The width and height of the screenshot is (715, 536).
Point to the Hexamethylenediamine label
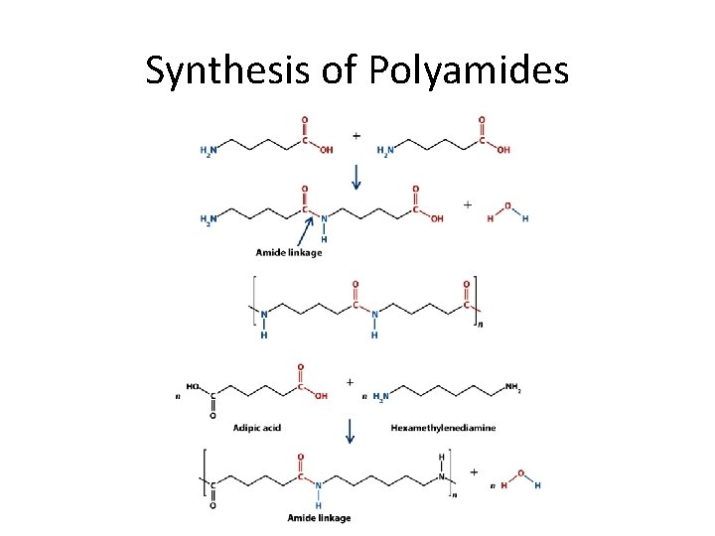[x=444, y=428]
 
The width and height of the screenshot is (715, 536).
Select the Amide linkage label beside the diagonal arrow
[x=288, y=252]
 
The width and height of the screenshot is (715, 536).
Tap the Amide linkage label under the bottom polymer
[x=318, y=518]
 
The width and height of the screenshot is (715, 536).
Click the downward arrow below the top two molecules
[x=356, y=176]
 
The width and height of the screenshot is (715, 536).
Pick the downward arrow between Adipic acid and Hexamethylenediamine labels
[x=350, y=430]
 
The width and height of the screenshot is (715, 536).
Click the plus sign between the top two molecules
[x=356, y=135]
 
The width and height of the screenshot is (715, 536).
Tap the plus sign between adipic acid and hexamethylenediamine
[x=350, y=382]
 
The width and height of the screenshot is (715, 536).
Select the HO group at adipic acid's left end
[x=193, y=386]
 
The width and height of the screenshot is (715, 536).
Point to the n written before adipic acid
[x=178, y=396]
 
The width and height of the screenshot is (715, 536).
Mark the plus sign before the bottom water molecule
[x=474, y=472]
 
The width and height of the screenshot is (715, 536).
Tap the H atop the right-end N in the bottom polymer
[x=440, y=457]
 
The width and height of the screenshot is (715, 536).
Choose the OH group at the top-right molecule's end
[x=503, y=150]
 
